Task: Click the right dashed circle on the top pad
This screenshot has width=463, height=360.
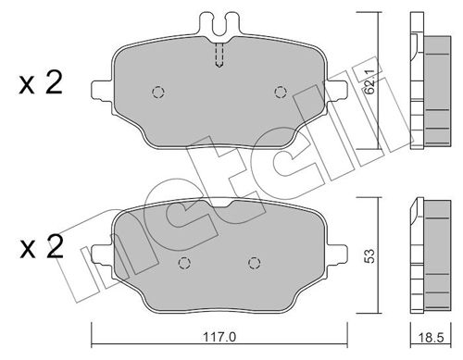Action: pyautogui.click(x=281, y=91)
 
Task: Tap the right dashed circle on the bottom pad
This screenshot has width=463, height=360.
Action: pyautogui.click(x=252, y=262)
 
